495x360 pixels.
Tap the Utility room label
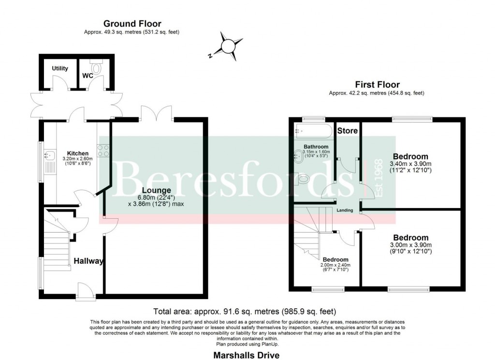coord(60,69)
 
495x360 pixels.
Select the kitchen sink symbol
coord(49,156)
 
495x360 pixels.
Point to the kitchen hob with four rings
coord(103,150)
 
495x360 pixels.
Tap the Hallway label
coord(88,261)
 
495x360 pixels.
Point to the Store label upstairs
coord(347,131)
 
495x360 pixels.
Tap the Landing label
coord(345,210)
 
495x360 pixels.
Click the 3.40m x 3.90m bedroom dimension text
coord(410,167)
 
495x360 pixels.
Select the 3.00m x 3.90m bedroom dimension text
coord(410,248)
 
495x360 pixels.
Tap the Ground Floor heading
coord(132,24)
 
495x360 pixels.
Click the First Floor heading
coord(377,85)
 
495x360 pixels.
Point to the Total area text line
coord(244,311)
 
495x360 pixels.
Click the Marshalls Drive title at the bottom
coord(247,355)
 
